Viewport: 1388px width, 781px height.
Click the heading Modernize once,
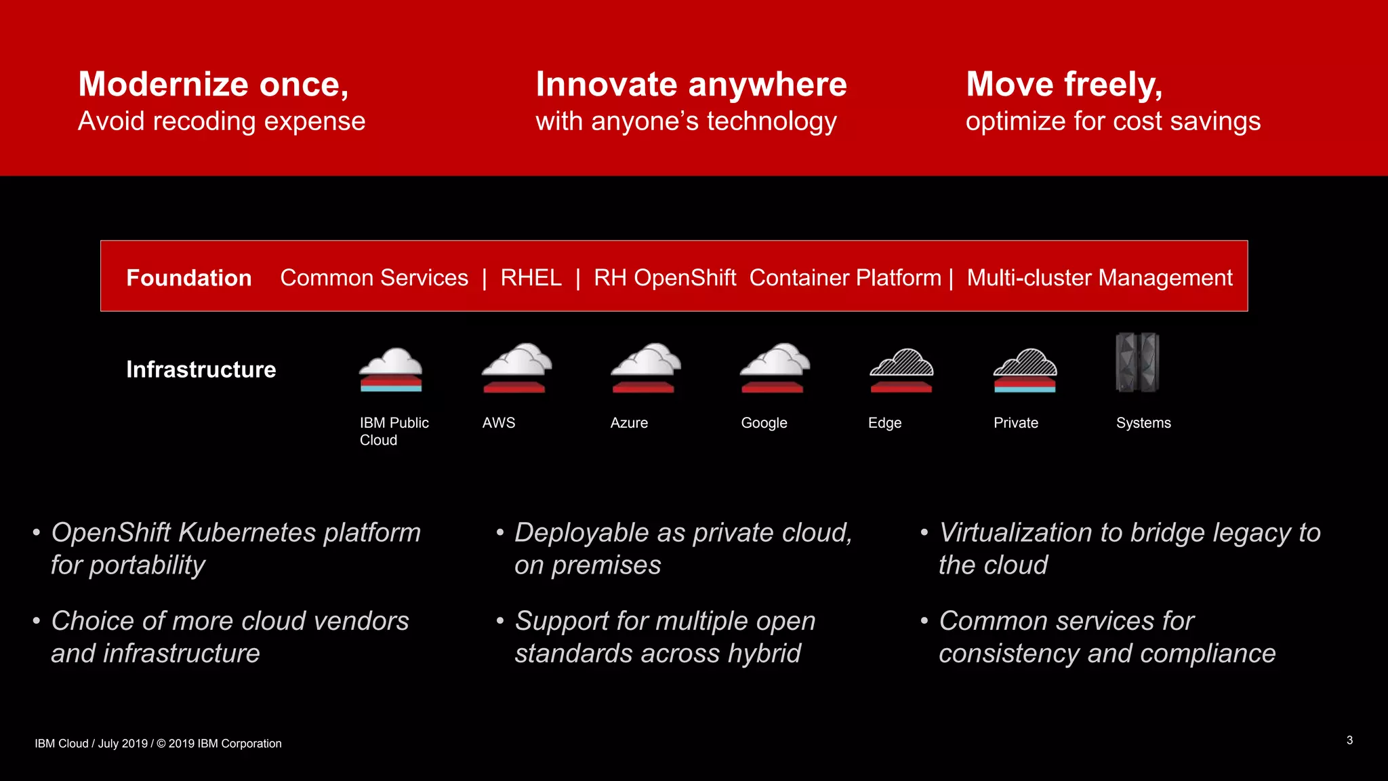click(213, 85)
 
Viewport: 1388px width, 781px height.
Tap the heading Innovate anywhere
click(691, 85)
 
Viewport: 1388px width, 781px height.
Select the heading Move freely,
click(1064, 85)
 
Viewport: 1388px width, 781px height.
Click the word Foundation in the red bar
click(189, 278)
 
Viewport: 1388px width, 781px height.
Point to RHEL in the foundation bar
click(531, 278)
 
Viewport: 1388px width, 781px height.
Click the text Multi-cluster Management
click(1099, 278)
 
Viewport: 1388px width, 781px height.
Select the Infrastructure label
click(201, 369)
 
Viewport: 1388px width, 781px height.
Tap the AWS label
click(499, 423)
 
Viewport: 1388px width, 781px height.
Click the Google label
click(764, 423)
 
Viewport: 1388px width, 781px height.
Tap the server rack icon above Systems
click(1137, 362)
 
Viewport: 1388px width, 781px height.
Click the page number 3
click(1349, 740)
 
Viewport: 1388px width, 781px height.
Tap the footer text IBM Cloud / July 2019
click(91, 744)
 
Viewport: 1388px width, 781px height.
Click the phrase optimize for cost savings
click(1113, 121)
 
